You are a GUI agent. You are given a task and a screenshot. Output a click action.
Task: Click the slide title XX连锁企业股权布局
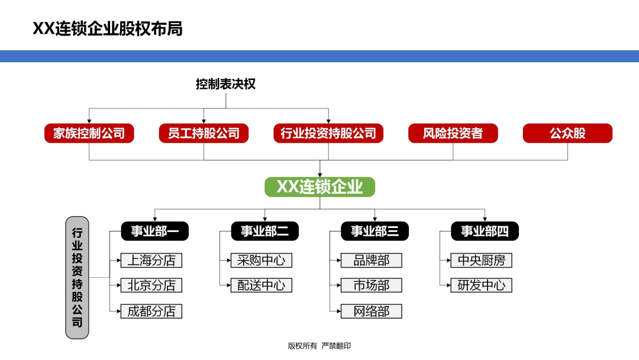coord(108,28)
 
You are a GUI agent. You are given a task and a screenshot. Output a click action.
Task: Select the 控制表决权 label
coord(226,84)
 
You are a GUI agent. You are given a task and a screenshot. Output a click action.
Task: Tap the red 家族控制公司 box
coord(89,133)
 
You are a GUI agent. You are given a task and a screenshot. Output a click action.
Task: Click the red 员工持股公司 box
coord(204,133)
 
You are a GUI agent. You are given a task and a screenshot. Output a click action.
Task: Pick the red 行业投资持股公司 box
coord(328,133)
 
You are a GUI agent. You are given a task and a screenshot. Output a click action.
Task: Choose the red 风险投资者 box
coord(453,133)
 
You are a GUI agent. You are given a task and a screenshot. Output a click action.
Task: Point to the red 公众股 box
coord(567,133)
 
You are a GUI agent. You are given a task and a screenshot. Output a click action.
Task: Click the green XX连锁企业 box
coord(320,187)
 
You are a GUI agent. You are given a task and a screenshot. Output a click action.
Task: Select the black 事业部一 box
coord(155,231)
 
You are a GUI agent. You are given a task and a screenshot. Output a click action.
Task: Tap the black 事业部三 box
coord(375,231)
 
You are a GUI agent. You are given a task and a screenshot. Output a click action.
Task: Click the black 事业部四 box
coord(485,231)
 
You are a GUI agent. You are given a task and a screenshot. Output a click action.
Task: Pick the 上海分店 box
coord(151,261)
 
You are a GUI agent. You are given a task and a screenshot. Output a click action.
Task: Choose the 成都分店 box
coord(151,311)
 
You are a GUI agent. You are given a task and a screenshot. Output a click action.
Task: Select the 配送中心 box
coord(262,285)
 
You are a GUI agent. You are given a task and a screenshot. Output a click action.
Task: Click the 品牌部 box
coord(371,261)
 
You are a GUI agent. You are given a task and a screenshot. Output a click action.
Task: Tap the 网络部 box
coord(371,311)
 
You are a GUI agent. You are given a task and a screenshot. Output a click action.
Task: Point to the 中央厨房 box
coord(481,261)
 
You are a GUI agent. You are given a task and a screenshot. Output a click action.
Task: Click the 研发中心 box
coord(481,285)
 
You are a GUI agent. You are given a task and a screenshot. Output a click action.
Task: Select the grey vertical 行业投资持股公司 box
coord(77,278)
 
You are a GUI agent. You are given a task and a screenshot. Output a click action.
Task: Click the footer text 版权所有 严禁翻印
coord(319,346)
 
